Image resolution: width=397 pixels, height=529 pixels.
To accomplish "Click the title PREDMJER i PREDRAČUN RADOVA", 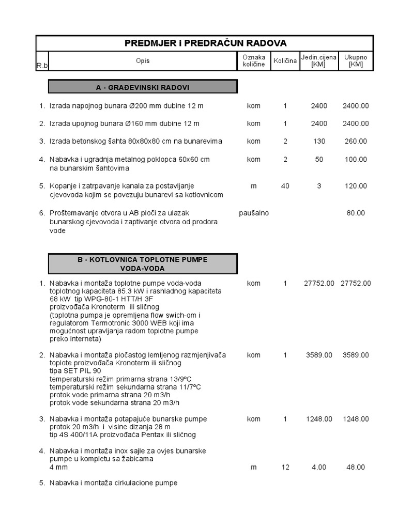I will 205,43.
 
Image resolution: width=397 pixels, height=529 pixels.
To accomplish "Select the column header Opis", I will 143,61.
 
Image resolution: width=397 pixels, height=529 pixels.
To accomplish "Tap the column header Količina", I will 285,61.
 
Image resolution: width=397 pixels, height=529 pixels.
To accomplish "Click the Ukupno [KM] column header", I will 355,61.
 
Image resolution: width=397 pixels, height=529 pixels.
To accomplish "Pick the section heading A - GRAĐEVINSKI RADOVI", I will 143,86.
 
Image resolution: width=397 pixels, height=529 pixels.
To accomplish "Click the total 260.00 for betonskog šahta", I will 355,141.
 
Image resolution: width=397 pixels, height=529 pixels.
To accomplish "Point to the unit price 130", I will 319,141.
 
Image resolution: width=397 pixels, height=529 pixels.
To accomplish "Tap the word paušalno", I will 253,213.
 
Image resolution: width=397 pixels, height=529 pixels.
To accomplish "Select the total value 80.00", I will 355,213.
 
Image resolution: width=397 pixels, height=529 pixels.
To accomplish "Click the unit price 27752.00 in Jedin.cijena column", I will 318,284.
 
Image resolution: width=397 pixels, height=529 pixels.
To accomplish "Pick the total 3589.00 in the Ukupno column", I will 355,355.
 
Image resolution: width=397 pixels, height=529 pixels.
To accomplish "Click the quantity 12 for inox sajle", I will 285,467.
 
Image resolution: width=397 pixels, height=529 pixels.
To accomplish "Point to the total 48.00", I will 355,467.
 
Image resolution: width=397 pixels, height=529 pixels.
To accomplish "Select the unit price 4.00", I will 319,467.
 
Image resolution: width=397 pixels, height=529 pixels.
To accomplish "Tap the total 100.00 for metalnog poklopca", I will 355,160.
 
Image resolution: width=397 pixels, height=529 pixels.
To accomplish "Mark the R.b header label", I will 41,65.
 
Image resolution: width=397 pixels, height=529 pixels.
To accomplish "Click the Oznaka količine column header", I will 253,61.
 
